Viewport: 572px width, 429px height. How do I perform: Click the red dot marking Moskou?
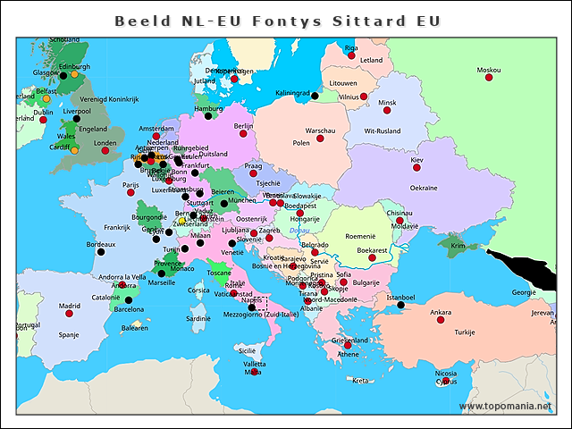pos(489,79)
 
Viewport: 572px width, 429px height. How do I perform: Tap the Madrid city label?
pos(69,306)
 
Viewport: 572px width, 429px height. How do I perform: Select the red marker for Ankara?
pos(440,320)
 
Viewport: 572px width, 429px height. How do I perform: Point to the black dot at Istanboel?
pos(400,306)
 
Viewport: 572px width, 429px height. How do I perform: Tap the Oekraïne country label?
pos(423,188)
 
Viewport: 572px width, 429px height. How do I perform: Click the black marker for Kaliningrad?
pos(315,95)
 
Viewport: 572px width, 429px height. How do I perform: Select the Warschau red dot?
pos(320,139)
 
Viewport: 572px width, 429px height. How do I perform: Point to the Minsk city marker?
pos(387,111)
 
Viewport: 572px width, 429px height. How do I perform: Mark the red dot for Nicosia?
pos(446,382)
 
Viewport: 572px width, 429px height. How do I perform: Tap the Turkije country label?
pos(464,332)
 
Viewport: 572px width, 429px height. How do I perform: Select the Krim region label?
pos(458,246)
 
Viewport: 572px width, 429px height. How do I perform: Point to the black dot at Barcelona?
pos(129,300)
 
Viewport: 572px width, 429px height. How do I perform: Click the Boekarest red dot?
pos(372,258)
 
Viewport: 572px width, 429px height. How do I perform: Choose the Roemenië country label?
pos(360,235)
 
